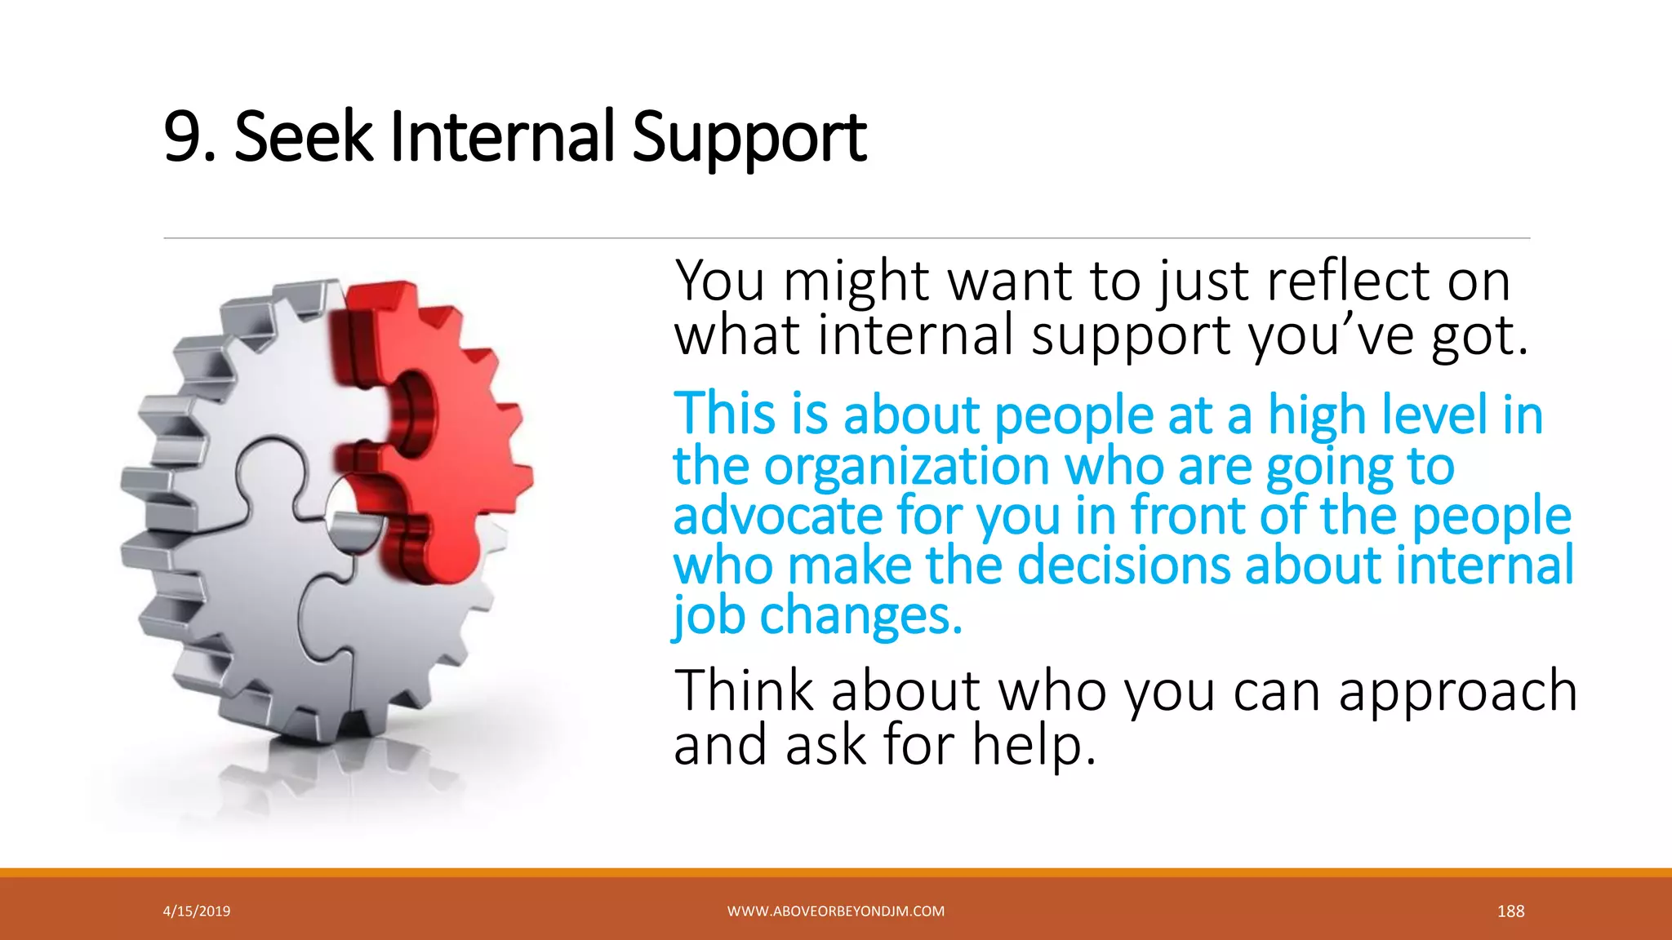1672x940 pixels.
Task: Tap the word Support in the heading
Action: [749, 139]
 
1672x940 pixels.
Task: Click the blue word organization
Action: [906, 467]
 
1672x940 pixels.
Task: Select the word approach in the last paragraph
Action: [1457, 692]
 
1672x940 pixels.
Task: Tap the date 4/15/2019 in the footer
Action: [197, 911]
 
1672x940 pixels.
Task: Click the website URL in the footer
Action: [835, 911]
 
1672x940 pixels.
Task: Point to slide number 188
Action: [1510, 911]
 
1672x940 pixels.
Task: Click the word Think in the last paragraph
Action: [744, 692]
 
